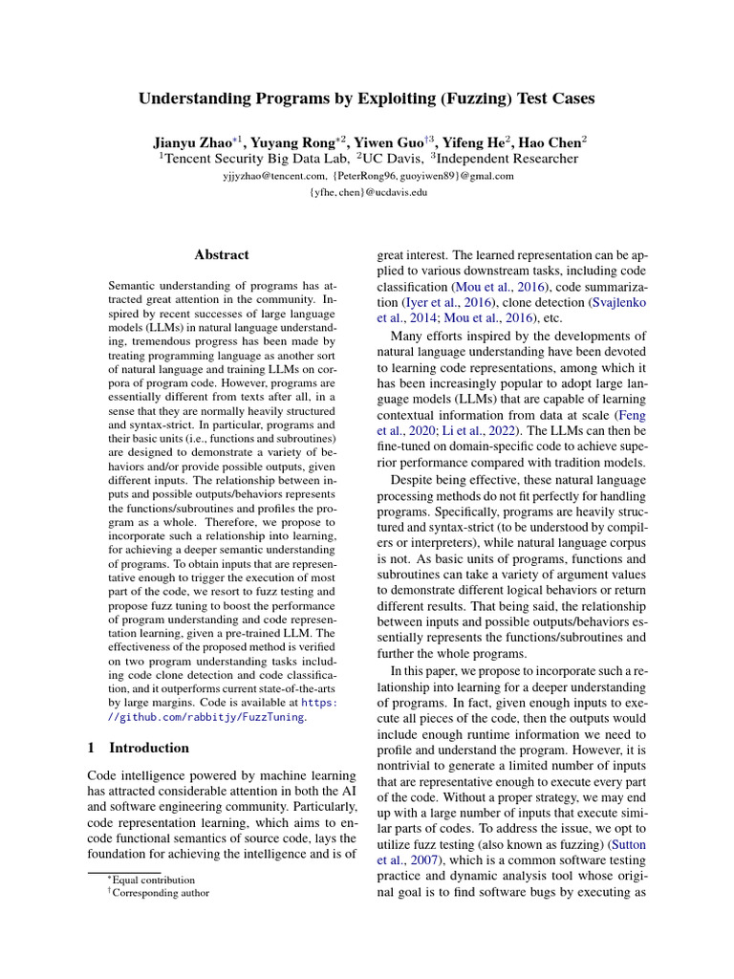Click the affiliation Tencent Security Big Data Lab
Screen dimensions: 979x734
(x=255, y=158)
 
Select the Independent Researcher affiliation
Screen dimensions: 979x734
(x=507, y=158)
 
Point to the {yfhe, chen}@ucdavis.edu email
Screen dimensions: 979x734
(x=367, y=192)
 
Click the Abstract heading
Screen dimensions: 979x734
(x=221, y=254)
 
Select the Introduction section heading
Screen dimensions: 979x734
(x=148, y=748)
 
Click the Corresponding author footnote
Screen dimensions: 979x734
(x=161, y=893)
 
